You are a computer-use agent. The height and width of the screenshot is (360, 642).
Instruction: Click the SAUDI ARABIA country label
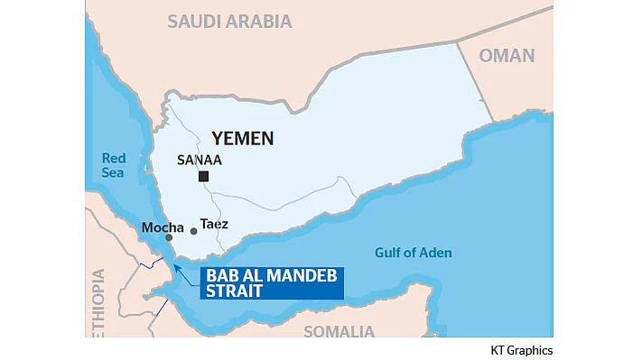(x=229, y=21)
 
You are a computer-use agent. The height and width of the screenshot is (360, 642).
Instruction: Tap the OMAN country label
(x=507, y=55)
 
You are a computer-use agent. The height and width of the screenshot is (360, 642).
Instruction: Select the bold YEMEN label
(x=242, y=138)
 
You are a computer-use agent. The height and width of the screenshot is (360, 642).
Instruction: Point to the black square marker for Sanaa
(x=204, y=176)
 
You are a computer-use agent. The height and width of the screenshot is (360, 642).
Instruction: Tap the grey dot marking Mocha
(x=156, y=238)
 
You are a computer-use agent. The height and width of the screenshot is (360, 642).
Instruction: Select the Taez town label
(x=214, y=224)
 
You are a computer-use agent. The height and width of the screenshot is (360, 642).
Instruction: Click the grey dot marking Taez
(x=193, y=231)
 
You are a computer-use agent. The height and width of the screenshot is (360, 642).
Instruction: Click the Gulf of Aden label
(x=414, y=253)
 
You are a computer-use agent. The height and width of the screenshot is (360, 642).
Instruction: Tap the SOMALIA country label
(x=339, y=331)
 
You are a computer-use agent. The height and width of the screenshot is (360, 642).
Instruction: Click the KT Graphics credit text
(x=521, y=350)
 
